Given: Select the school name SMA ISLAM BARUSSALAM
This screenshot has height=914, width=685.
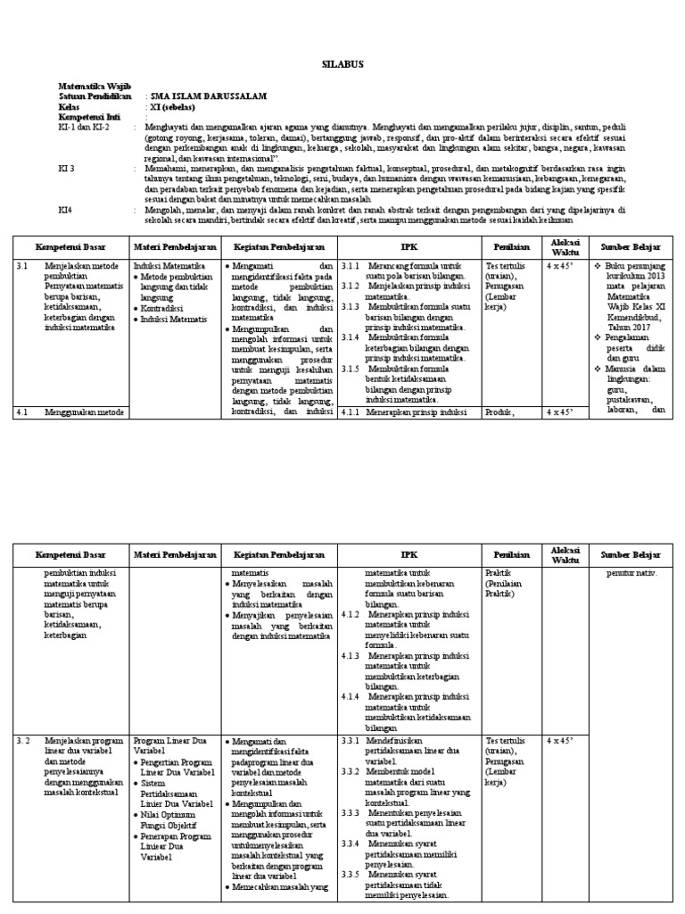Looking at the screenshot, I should click(x=208, y=96).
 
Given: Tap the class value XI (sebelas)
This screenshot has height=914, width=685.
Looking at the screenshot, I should click(x=176, y=106).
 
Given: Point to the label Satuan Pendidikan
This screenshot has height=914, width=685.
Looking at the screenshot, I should click(x=95, y=96).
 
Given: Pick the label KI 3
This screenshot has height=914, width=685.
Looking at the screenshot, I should click(x=67, y=167).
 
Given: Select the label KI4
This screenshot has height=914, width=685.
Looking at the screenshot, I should click(x=65, y=211).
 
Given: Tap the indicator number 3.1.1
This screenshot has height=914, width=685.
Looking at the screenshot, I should click(x=350, y=266).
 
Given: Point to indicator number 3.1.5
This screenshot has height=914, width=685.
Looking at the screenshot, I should click(x=350, y=368).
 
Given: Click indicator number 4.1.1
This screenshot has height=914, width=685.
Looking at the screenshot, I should click(x=350, y=411).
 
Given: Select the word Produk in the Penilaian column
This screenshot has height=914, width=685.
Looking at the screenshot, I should click(x=500, y=411).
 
